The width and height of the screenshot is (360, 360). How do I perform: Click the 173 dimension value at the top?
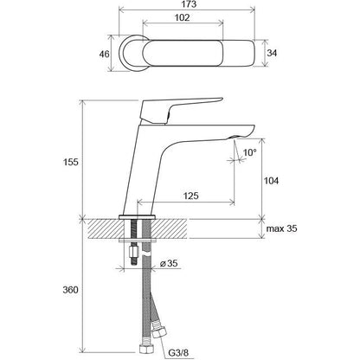(190, 4)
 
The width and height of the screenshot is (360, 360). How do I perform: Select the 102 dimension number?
(183, 17)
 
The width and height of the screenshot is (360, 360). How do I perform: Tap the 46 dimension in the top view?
(104, 54)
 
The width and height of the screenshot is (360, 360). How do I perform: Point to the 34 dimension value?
(272, 53)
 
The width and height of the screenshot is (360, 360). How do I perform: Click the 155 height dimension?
(71, 162)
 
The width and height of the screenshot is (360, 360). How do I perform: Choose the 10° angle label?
(250, 152)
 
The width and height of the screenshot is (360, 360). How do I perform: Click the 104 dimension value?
(272, 181)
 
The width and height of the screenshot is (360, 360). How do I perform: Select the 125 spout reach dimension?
(191, 196)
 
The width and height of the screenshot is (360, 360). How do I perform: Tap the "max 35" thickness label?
(281, 228)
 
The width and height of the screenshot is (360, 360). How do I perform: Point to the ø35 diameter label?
(169, 263)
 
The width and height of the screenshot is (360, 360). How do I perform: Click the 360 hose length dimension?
(71, 290)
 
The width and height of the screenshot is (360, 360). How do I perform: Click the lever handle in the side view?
(173, 111)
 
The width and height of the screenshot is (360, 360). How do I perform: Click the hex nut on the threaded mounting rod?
(133, 250)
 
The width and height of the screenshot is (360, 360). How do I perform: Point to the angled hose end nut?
(158, 331)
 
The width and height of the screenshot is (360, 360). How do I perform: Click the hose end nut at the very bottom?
(146, 347)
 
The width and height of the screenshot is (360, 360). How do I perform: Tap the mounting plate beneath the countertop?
(138, 241)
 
